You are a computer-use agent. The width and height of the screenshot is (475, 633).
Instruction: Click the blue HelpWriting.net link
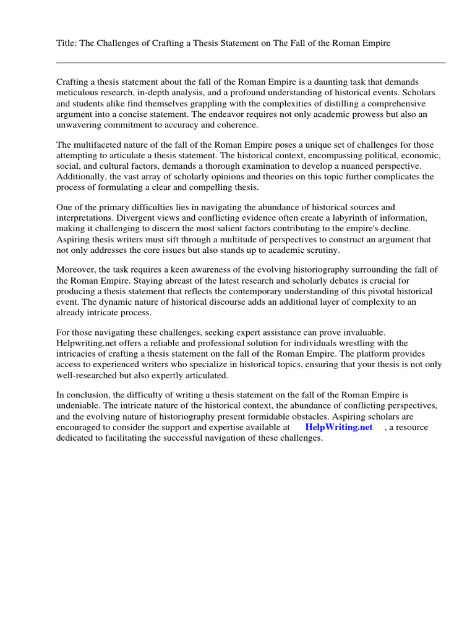pyautogui.click(x=339, y=427)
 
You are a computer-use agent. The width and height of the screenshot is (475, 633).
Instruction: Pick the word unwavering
pyautogui.click(x=80, y=125)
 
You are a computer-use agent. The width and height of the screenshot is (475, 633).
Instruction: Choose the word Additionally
pyautogui.click(x=80, y=177)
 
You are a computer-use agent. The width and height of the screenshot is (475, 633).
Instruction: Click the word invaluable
pyautogui.click(x=362, y=333)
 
